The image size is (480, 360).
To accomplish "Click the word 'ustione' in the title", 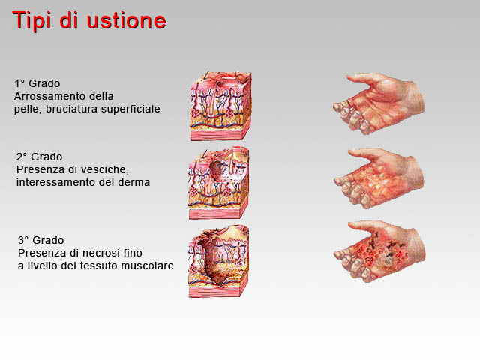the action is pyautogui.click(x=127, y=21).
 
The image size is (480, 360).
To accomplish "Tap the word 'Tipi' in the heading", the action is pyautogui.click(x=31, y=20).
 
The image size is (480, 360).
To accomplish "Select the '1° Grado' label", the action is pyautogui.click(x=37, y=83).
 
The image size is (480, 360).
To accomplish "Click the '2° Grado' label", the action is pyautogui.click(x=39, y=157).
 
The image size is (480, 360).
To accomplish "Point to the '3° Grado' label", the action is pyautogui.click(x=40, y=240).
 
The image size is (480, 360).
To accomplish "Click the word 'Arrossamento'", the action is pyautogui.click(x=50, y=96).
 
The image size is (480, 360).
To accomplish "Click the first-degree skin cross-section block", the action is pyautogui.click(x=220, y=106).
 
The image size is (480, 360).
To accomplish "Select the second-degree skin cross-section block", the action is pyautogui.click(x=218, y=183).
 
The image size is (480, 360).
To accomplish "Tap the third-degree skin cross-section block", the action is pyautogui.click(x=218, y=261).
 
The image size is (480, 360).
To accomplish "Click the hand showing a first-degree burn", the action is pyautogui.click(x=379, y=103).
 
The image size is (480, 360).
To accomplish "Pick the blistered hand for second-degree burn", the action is pyautogui.click(x=379, y=178).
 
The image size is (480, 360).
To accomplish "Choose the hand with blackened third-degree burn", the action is pyautogui.click(x=379, y=251).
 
